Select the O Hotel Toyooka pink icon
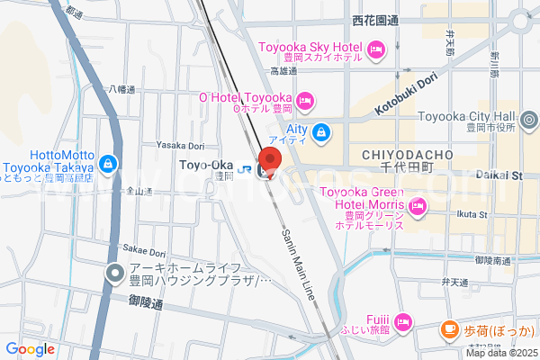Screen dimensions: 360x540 point(305,99)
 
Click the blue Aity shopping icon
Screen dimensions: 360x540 point(322,134)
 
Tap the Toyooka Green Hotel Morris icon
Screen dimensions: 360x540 point(417,207)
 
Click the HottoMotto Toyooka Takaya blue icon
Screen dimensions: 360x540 point(108,164)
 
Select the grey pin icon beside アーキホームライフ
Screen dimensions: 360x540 point(114,273)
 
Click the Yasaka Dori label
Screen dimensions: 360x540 point(181,145)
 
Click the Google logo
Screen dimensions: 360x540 point(30,349)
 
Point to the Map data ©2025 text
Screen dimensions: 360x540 point(500,353)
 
